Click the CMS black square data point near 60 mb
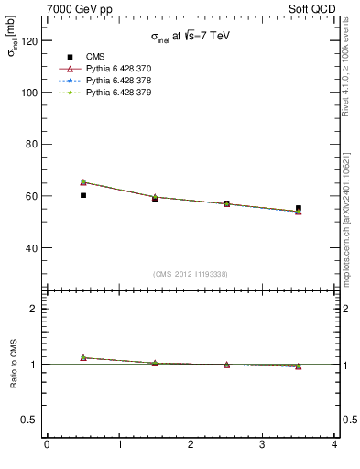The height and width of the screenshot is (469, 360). [83, 195]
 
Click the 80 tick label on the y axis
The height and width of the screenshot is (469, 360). [30, 144]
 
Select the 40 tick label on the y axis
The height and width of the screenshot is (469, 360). [30, 247]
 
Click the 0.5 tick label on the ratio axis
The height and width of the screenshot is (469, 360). [28, 420]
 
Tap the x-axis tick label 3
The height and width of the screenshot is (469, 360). [263, 445]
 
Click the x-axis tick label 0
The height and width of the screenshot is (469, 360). [47, 445]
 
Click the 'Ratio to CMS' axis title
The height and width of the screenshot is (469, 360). [14, 364]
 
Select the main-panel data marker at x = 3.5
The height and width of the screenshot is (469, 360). [299, 210]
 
